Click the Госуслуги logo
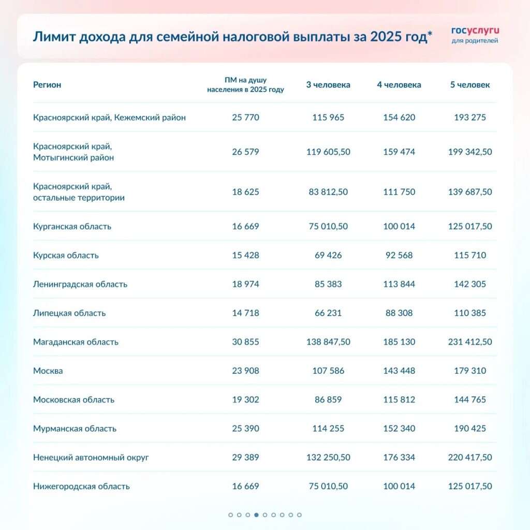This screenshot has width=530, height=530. pos(475,35)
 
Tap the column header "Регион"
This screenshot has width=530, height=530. pos(47,85)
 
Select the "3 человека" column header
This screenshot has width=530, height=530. pos(328,85)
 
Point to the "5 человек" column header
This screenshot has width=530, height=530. pos(470,85)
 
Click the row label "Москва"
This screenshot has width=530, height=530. pos(48,371)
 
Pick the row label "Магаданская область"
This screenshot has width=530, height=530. pos(76,342)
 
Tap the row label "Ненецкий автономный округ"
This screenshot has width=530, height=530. pos(91,458)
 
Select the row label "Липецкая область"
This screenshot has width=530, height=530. pos(69,313)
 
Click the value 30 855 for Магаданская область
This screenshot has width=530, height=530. pos(246,342)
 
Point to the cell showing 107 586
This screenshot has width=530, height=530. pos(328,371)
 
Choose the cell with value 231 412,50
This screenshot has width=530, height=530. pos(470,342)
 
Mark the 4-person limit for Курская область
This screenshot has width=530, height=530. pos(399,255)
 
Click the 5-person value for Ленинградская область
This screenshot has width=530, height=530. pos(470,284)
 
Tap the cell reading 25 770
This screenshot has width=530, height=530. pos(246,117)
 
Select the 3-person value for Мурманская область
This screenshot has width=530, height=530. pos(328,429)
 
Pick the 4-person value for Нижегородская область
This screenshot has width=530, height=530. pos(399,487)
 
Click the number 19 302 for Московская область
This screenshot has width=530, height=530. pos(246,400)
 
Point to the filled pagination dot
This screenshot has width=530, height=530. pos(256,515)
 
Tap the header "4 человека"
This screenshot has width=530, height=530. pos(399,85)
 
